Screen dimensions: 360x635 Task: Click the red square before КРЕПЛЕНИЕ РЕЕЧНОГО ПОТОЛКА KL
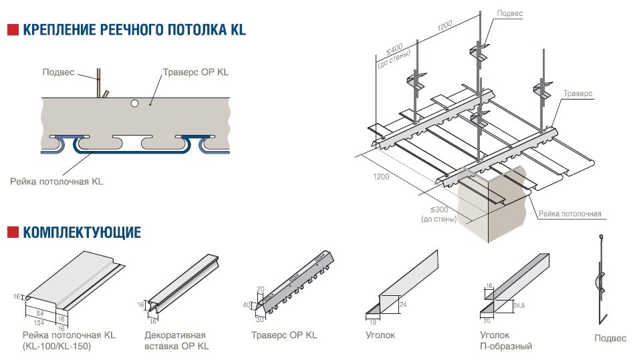12,30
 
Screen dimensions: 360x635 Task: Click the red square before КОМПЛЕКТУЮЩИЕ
12,232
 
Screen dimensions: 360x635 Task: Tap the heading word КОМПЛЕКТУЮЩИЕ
82,232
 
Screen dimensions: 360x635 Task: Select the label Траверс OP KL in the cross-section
195,72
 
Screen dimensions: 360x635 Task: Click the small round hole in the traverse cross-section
134,103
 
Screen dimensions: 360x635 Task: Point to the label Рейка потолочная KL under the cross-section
57,180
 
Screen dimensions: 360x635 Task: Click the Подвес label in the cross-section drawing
58,72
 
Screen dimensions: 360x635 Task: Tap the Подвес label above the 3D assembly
510,13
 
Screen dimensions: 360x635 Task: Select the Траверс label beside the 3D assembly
578,94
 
